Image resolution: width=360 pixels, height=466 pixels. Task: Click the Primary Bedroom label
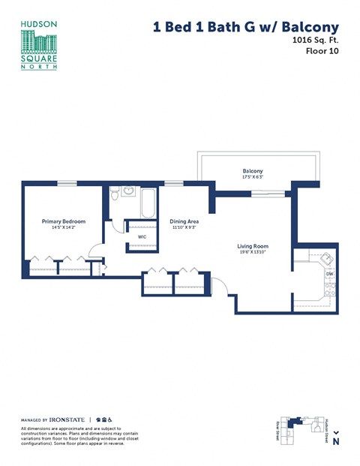point(64,221)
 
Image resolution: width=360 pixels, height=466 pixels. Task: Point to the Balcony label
point(252,170)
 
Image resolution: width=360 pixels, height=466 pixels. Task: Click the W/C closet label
point(141,236)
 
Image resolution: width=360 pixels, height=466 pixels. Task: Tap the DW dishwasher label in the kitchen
point(329,275)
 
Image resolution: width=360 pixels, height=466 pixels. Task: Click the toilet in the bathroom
point(114,195)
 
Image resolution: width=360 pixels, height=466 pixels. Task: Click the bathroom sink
point(128,191)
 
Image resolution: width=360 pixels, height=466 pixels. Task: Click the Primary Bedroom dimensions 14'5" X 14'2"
point(64,227)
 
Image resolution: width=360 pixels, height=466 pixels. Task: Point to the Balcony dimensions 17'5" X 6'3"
point(252,176)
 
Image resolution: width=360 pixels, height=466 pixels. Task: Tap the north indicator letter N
point(336,442)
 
